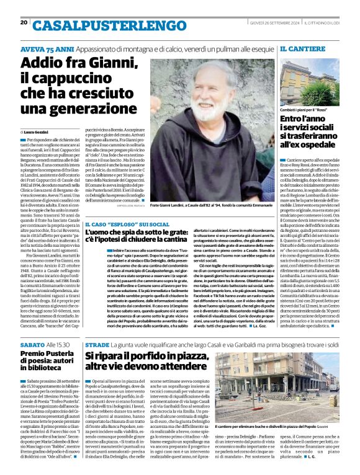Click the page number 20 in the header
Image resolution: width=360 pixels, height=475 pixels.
[x=24, y=23]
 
